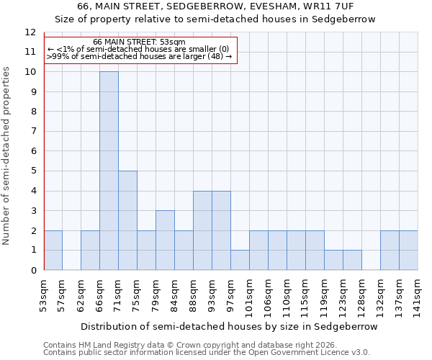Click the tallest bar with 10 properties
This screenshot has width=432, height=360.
[109, 171]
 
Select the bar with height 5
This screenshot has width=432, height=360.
[127, 220]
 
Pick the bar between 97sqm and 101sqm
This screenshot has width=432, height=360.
[240, 260]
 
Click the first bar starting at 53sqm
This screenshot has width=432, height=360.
[53, 251]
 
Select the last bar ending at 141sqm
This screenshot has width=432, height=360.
[408, 251]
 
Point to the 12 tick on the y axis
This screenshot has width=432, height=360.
[30, 32]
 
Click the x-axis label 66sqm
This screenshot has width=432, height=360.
[99, 297]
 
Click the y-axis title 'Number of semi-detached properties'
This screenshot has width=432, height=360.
[7, 156]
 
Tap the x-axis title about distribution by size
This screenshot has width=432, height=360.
[229, 326]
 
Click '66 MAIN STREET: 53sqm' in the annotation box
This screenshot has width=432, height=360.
[140, 42]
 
